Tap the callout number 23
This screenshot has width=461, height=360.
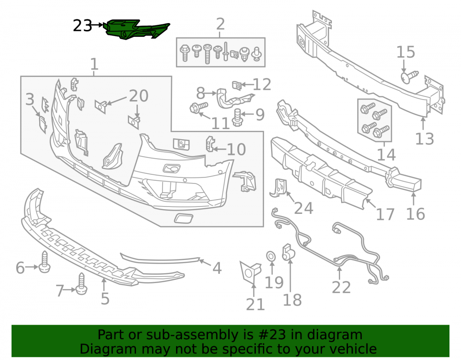pos(83,26)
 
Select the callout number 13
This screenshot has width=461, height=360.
pos(424,139)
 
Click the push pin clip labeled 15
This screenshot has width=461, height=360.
pos(409,77)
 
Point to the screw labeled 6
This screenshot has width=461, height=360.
pos(44,262)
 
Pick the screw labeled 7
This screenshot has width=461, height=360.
pos(81,284)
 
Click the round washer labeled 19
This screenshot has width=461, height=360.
pos(271,256)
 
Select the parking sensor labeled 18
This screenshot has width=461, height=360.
pos(288,252)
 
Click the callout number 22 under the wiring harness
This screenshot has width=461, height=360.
pos(341,287)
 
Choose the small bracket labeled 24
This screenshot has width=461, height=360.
pos(278,188)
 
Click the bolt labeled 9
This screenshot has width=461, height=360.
pos(237,118)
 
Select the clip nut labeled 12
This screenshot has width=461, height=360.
pos(237,86)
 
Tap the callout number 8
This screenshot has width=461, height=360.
pos(201,94)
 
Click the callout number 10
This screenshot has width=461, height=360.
pos(236,150)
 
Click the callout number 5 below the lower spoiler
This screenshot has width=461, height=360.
pos(105,298)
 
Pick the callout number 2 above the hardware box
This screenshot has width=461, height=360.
pos(220,24)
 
